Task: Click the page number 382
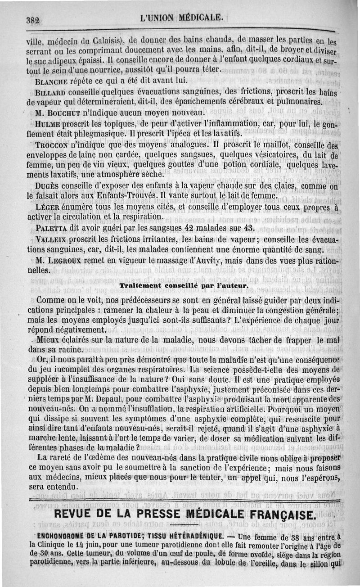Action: point(33,20)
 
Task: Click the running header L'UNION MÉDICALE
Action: point(181,18)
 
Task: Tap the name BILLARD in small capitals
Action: point(50,90)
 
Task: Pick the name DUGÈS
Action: point(47,186)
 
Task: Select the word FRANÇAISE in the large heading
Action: point(276,515)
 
